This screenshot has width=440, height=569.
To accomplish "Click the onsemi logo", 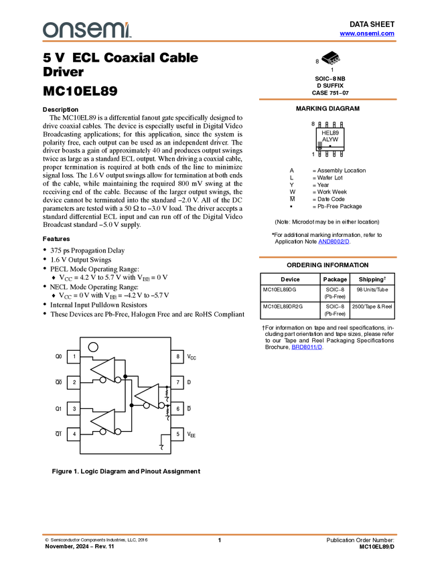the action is (x=86, y=29).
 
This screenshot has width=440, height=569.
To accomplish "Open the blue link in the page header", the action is (x=367, y=33).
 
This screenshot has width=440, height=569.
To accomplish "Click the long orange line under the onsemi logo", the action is (x=220, y=42).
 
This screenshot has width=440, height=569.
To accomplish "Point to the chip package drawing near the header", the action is (x=332, y=60).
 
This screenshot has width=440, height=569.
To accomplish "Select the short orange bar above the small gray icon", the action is (x=327, y=99).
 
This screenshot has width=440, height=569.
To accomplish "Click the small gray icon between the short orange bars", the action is (x=320, y=144).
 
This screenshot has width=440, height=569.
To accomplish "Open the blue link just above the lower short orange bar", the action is (x=334, y=242).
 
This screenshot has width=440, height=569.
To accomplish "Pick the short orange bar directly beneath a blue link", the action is (x=327, y=257).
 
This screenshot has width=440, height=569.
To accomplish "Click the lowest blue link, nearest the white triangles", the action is (x=307, y=348).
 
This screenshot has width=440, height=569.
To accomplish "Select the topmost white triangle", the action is (x=105, y=369).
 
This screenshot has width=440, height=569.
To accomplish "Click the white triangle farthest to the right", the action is (x=149, y=395).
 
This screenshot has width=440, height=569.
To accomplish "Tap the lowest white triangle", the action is (x=105, y=421).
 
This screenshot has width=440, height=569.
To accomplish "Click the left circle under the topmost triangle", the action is (x=102, y=380).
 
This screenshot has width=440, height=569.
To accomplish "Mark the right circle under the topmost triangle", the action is (x=118, y=380).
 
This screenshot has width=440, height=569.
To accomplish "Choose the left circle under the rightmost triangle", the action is (x=146, y=406).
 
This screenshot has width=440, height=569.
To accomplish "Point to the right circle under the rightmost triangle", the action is (x=161, y=406).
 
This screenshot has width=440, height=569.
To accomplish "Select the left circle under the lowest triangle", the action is (x=102, y=432).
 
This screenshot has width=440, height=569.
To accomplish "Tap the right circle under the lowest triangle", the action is (x=118, y=432).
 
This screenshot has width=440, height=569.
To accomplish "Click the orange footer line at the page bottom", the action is (x=220, y=535).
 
